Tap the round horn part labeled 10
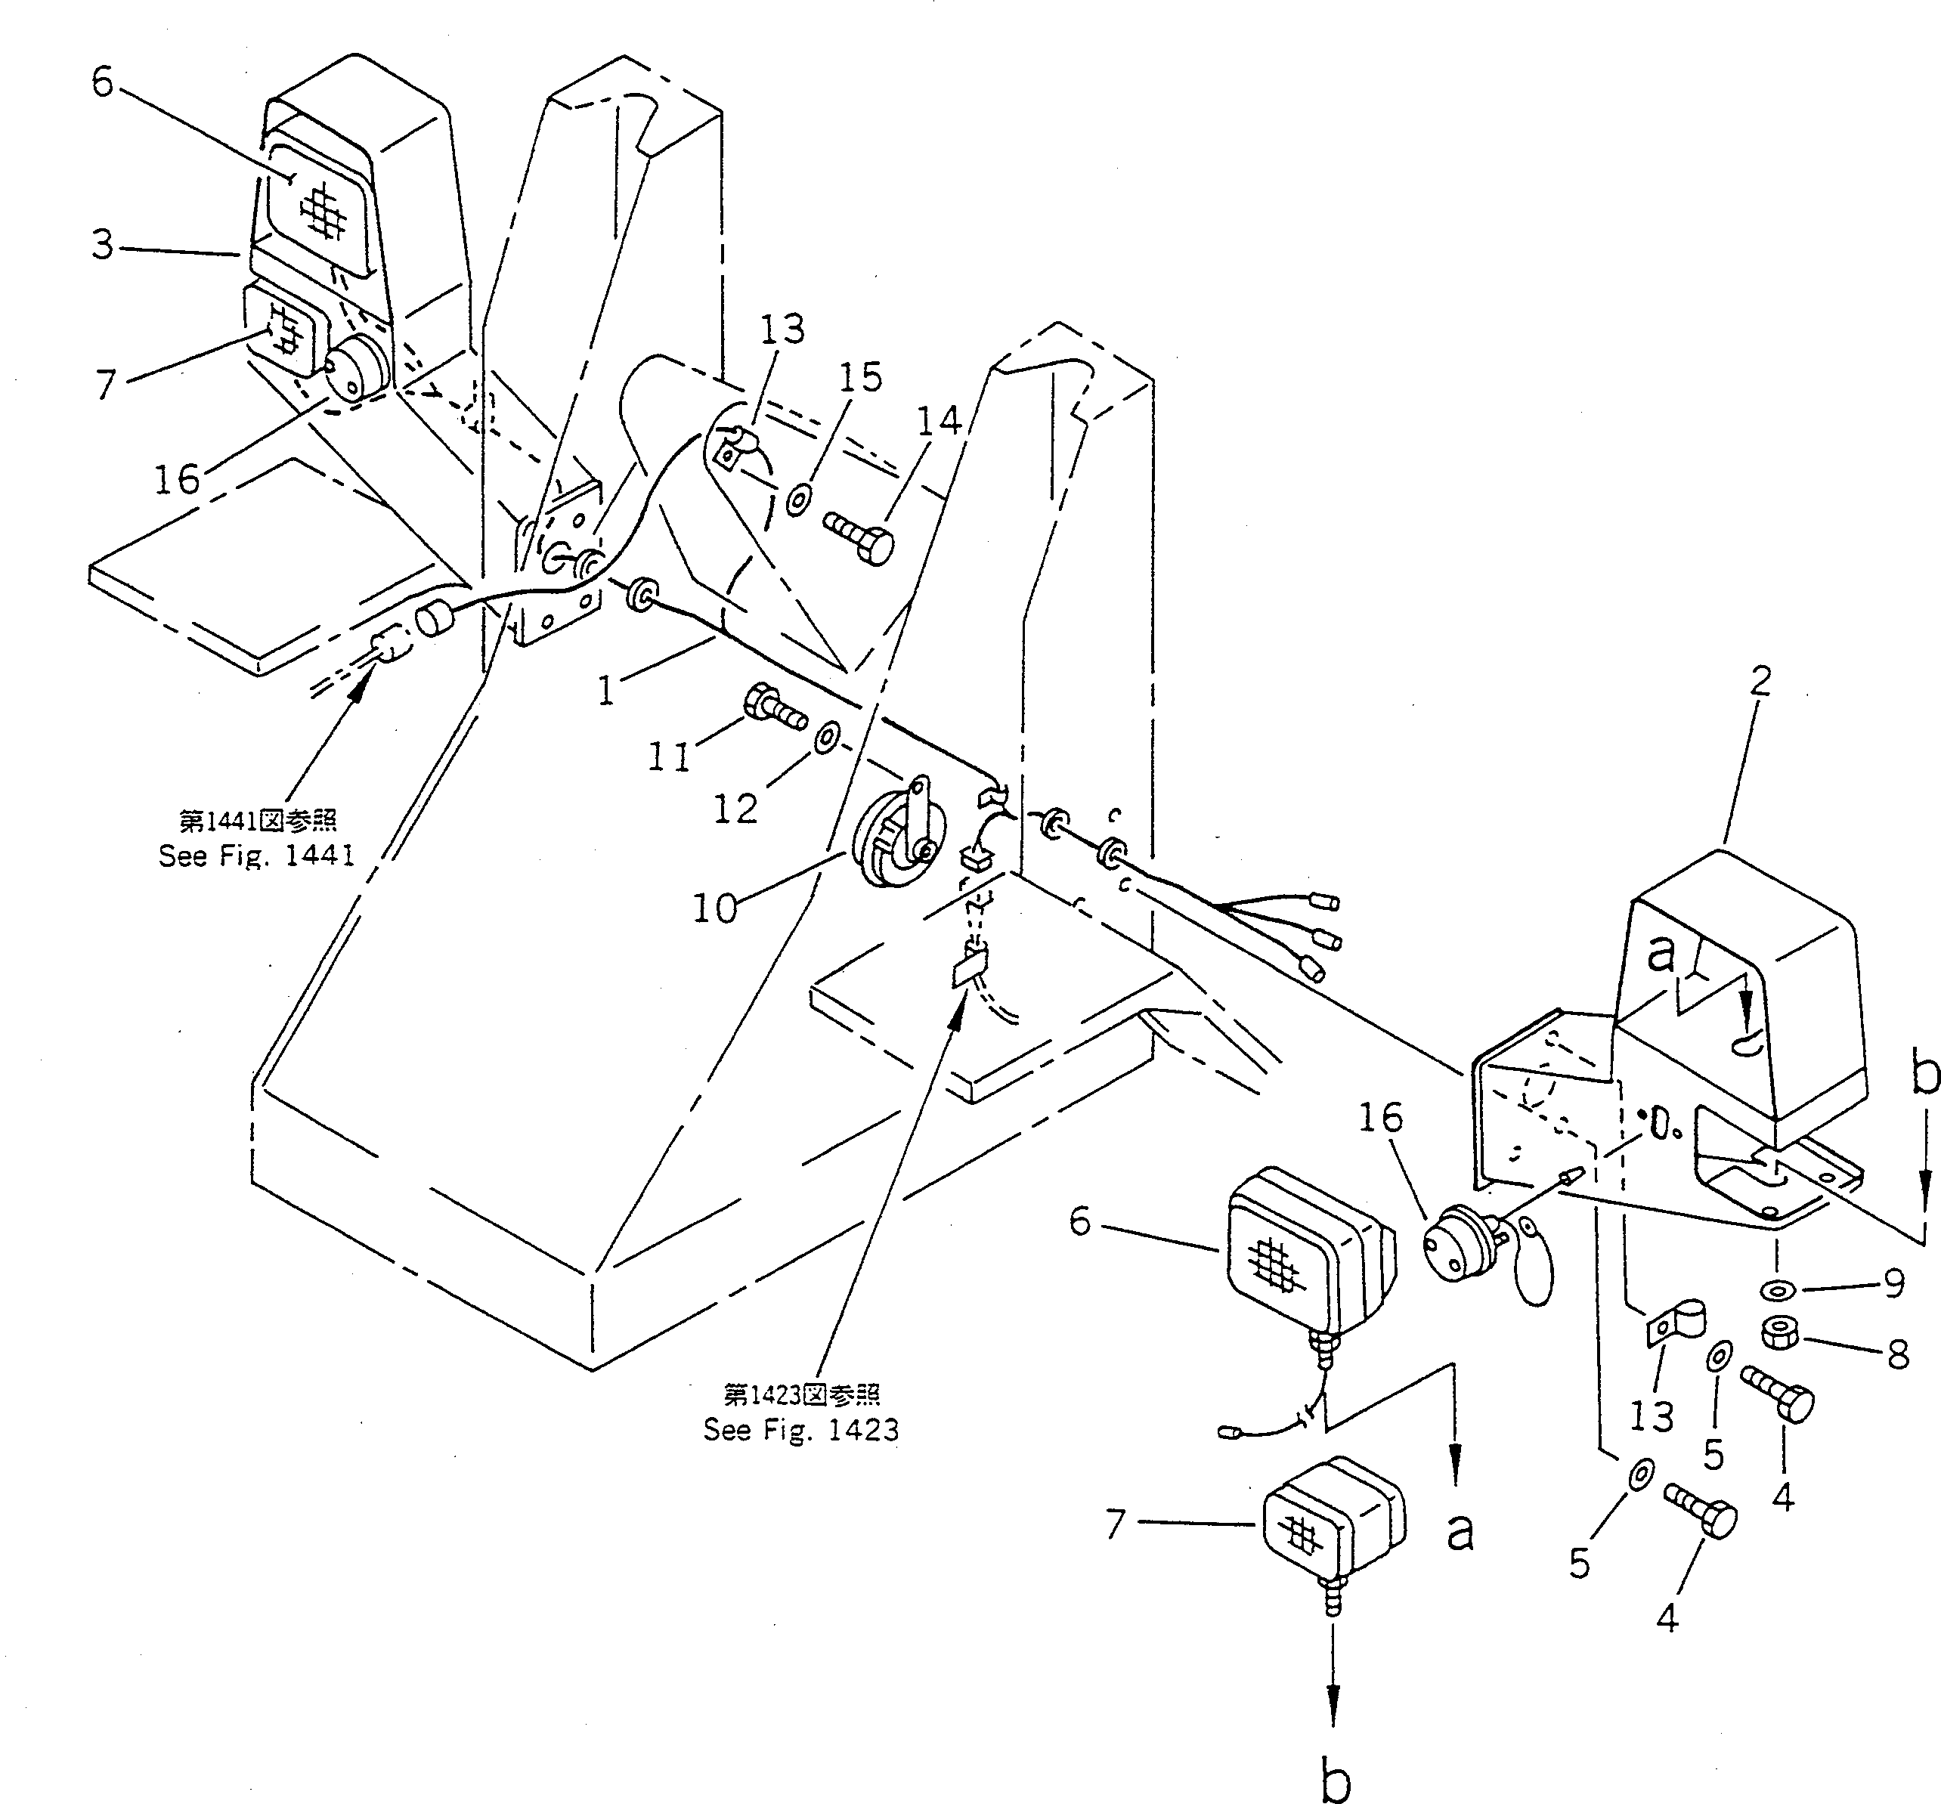[x=890, y=839]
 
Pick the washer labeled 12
[x=825, y=738]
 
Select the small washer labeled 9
[x=1778, y=1292]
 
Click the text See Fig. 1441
[x=257, y=856]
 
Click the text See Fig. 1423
[x=800, y=1430]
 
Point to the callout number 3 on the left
[x=103, y=244]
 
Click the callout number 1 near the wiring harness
[x=606, y=691]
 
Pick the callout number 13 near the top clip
[x=782, y=330]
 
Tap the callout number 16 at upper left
[x=177, y=479]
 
